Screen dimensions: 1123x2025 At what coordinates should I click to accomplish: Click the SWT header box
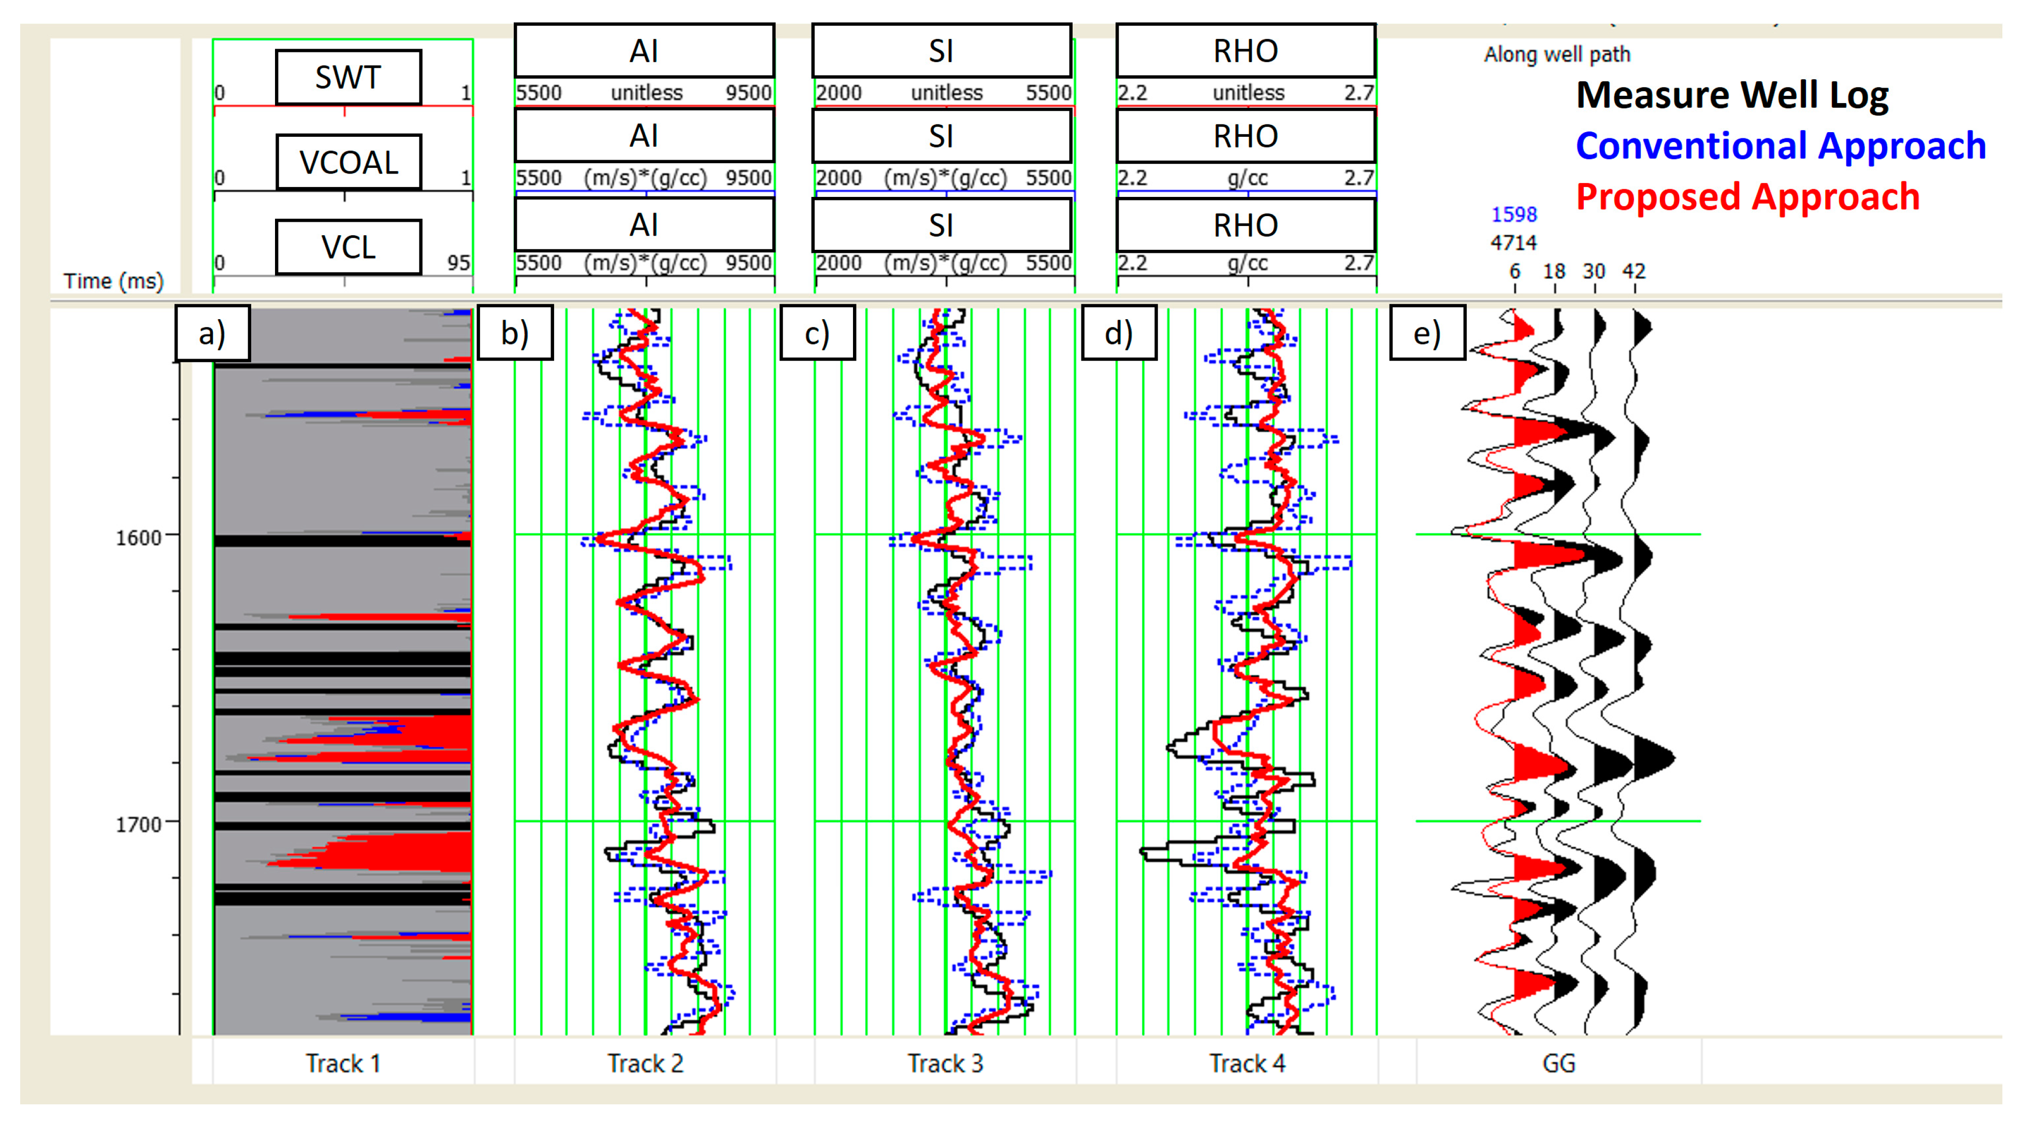(x=348, y=77)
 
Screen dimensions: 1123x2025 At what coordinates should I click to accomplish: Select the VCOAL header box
(x=348, y=162)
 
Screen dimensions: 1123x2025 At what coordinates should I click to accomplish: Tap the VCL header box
(x=348, y=247)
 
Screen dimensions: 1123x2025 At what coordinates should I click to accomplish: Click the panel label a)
(x=212, y=333)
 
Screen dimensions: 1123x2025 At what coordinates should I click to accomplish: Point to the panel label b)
(x=515, y=333)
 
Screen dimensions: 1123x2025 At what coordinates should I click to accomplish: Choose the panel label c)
(x=818, y=333)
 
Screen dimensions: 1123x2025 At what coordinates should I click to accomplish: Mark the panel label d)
(x=1119, y=333)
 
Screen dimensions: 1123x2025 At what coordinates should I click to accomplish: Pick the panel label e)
(x=1427, y=333)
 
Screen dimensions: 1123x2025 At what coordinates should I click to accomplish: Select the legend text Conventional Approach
(x=1781, y=146)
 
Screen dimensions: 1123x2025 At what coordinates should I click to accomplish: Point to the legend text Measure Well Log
(x=1732, y=95)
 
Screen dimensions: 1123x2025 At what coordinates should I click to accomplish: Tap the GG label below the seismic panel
(x=1559, y=1063)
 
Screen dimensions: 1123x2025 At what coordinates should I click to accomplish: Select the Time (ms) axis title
(x=113, y=281)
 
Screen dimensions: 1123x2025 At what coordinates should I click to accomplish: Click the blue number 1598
(x=1513, y=214)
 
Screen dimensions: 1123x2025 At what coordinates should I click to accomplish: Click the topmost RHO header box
(x=1246, y=51)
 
